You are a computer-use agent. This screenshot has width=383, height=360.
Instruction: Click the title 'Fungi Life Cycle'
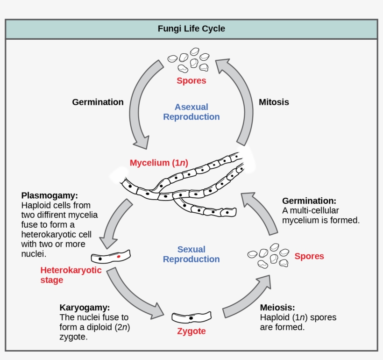point(191,29)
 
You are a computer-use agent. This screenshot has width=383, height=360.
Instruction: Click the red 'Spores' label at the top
point(191,81)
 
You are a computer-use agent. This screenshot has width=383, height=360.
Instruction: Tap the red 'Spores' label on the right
point(309,256)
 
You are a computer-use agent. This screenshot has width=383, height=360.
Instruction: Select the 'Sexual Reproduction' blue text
point(191,254)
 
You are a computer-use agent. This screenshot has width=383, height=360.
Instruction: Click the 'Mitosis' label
point(274,102)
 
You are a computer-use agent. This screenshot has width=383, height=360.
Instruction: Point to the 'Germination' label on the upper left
point(98,102)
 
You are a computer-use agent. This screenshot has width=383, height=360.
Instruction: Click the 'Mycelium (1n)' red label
point(159,163)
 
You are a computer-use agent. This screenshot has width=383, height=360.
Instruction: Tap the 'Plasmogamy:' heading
point(50,195)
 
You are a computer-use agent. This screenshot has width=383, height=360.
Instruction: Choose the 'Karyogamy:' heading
point(85,308)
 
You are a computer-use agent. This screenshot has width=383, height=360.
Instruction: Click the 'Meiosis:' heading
point(277,308)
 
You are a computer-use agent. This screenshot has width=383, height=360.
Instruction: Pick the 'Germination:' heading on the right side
point(309,200)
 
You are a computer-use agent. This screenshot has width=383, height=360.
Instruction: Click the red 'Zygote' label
point(191,332)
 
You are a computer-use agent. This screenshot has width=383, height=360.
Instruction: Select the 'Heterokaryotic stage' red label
point(71,275)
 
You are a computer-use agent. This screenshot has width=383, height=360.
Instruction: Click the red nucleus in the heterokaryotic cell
point(119,257)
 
